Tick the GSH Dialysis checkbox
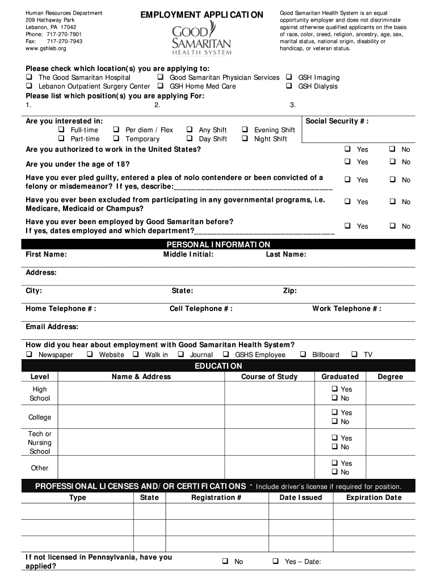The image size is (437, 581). point(289,86)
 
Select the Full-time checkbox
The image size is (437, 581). point(61,130)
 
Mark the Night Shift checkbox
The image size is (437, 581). point(245,139)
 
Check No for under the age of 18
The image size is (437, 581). point(392,162)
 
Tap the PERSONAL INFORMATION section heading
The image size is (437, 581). point(218,245)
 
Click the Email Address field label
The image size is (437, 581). point(52,327)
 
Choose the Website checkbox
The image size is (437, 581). point(90,355)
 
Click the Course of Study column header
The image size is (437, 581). point(269,377)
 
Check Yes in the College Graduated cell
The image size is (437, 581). point(334,412)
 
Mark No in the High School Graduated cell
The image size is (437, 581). point(334,398)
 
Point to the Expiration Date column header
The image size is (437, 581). point(373,498)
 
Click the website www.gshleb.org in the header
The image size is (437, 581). point(46,49)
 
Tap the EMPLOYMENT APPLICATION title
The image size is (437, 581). point(202,15)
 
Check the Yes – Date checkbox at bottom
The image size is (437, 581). point(275,562)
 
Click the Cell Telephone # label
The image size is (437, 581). point(201,309)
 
